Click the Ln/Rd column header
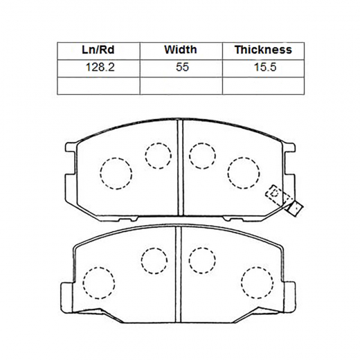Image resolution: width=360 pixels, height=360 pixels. click(x=98, y=50)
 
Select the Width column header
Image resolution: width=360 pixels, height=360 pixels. click(x=181, y=50)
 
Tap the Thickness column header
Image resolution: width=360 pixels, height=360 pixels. click(x=263, y=50)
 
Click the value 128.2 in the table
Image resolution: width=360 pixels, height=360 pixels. click(x=100, y=67)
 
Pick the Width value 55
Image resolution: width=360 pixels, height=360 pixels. click(x=182, y=67)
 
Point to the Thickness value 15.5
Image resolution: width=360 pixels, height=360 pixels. click(x=265, y=67)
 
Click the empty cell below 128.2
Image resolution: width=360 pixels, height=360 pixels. click(x=98, y=86)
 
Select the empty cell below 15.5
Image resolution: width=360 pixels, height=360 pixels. click(x=263, y=86)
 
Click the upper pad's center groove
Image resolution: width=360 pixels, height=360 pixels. click(x=180, y=168)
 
